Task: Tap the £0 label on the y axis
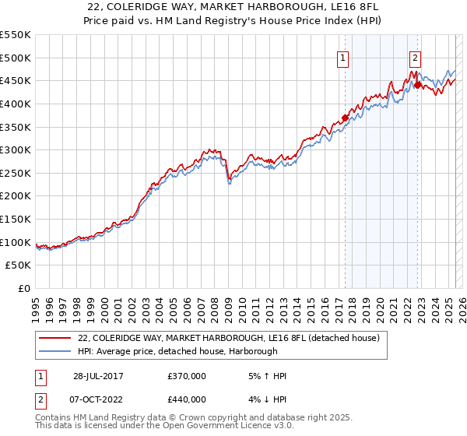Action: [x=25, y=289]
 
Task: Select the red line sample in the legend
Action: [x=54, y=339]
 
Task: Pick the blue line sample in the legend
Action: [x=54, y=351]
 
